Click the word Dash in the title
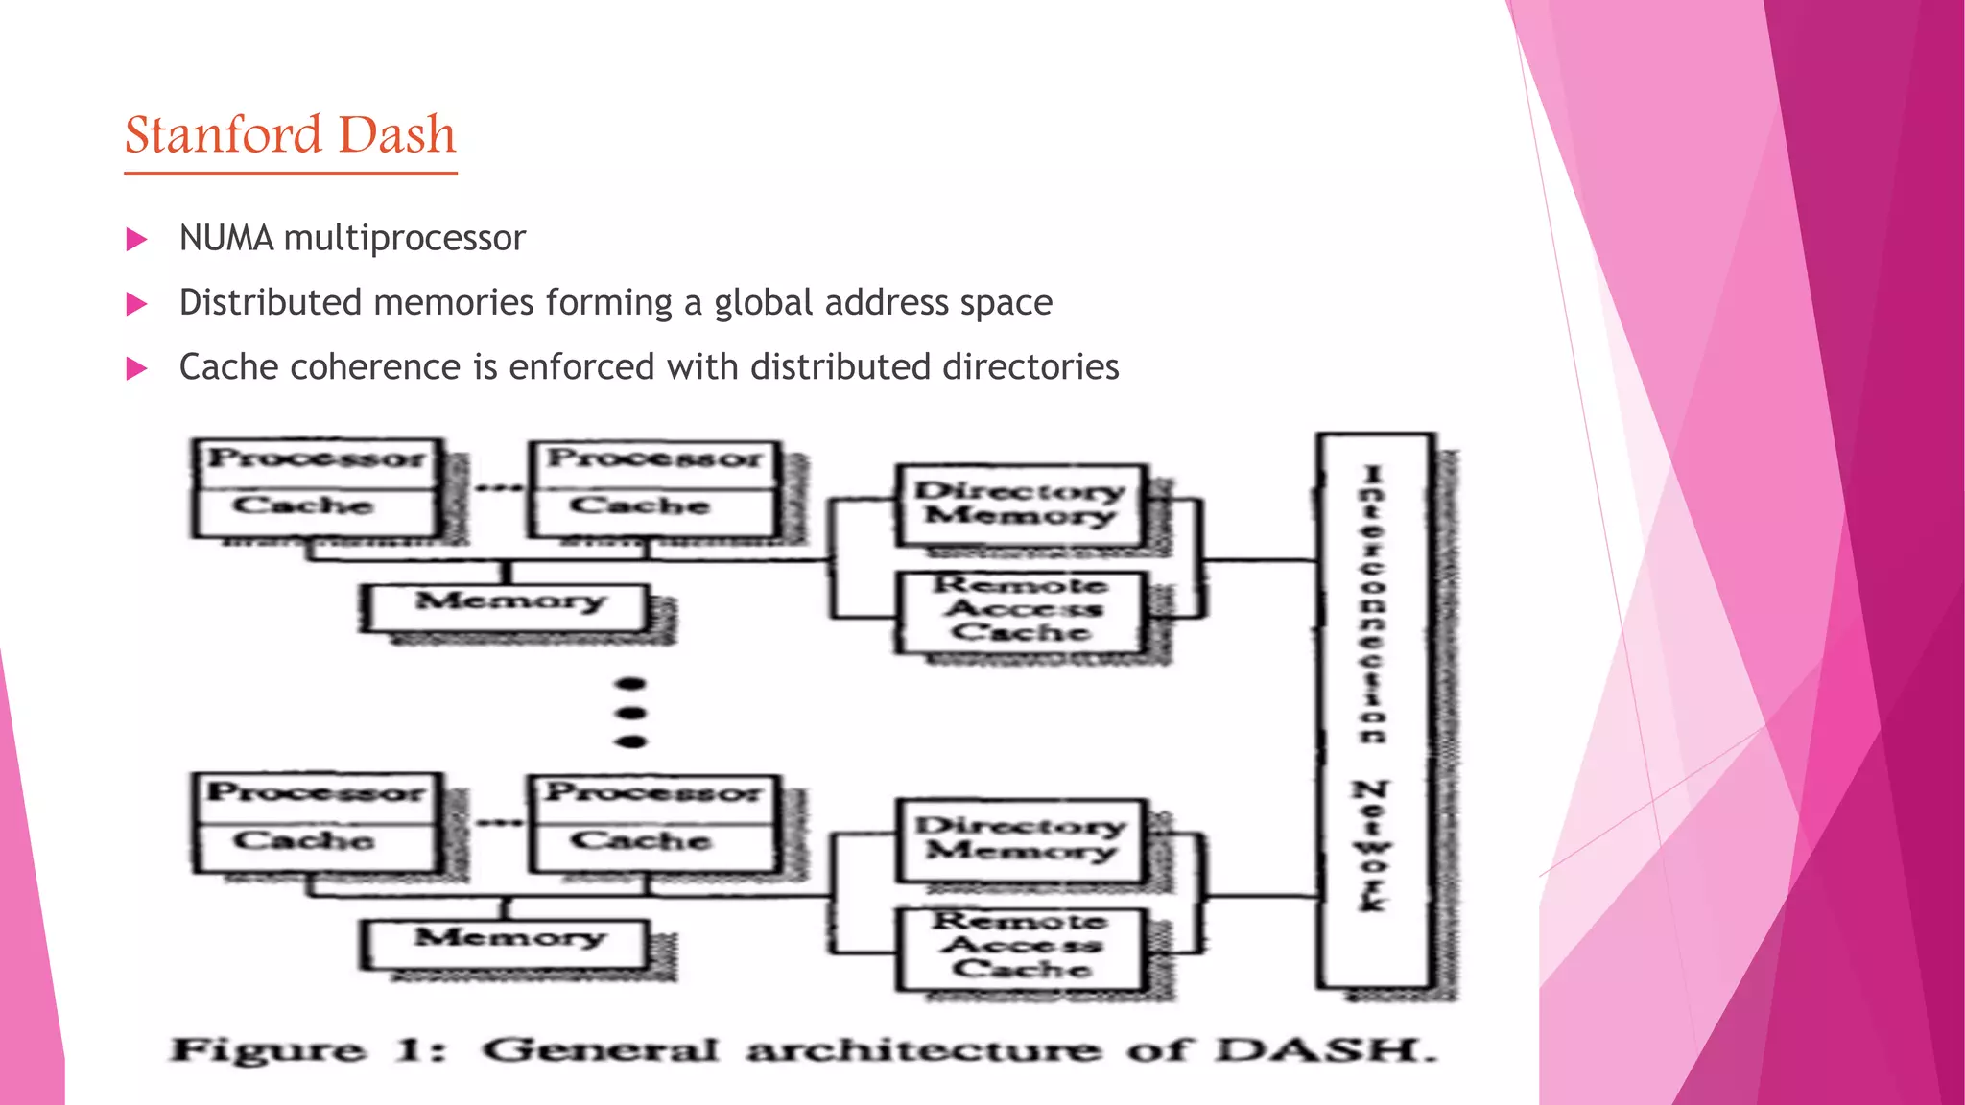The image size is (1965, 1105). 397,134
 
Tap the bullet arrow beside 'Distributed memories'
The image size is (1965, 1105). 137,304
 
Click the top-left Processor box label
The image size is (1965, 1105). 318,458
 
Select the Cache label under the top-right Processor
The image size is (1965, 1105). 640,505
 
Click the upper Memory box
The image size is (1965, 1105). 509,603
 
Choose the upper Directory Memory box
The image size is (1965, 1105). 1020,504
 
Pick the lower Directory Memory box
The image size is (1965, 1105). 1020,838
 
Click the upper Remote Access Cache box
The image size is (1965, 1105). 1021,609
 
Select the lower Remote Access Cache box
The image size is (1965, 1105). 1021,946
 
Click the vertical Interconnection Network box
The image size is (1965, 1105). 1375,710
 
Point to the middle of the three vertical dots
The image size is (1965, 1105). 630,713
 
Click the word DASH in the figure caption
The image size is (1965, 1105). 1324,1050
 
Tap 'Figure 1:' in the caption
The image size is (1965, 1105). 307,1050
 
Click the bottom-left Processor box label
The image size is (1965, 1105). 317,793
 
